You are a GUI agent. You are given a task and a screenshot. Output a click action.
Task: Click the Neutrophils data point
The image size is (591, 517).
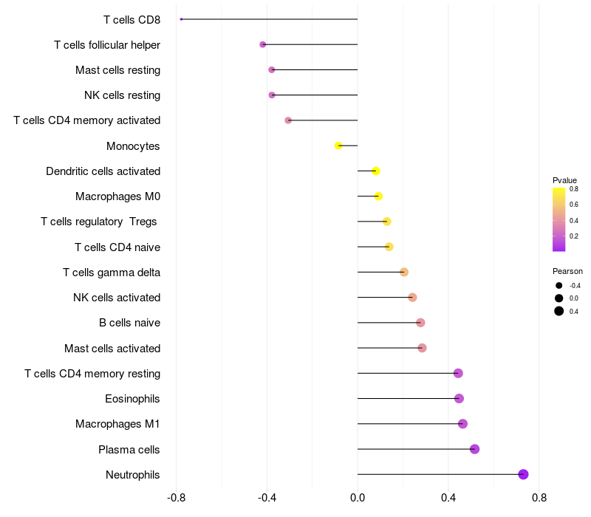click(523, 474)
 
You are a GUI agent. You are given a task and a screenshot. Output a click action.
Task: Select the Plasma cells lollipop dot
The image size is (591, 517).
click(474, 449)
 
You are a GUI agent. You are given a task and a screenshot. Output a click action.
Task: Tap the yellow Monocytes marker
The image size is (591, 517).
click(338, 145)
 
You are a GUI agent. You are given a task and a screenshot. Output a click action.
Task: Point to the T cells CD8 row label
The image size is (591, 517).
click(131, 19)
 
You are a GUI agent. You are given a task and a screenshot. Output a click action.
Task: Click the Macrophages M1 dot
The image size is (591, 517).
click(462, 424)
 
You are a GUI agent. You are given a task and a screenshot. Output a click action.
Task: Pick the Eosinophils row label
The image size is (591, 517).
click(132, 399)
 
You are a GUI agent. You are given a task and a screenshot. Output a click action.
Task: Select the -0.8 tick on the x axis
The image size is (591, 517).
click(176, 499)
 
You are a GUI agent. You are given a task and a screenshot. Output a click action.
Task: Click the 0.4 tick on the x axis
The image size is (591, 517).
click(448, 499)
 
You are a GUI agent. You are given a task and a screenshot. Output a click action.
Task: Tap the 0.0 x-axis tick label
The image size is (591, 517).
click(358, 499)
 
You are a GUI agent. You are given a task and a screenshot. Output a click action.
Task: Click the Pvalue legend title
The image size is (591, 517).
click(564, 180)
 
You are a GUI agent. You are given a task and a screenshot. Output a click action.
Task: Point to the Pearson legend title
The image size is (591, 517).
click(567, 271)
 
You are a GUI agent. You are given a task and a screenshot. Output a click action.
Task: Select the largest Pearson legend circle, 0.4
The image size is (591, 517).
click(559, 311)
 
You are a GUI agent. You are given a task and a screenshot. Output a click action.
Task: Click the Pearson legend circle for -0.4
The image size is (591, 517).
click(559, 286)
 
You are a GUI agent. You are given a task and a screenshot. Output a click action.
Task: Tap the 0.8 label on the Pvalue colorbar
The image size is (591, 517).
click(574, 189)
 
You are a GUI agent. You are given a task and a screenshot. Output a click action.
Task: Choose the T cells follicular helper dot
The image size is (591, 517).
click(263, 44)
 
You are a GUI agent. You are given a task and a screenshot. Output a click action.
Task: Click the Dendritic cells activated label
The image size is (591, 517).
click(103, 171)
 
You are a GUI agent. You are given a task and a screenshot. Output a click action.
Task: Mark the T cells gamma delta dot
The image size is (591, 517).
click(404, 272)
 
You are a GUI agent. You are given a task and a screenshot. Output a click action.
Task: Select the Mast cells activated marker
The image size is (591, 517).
click(422, 348)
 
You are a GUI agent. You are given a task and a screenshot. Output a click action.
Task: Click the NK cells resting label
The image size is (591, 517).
click(122, 95)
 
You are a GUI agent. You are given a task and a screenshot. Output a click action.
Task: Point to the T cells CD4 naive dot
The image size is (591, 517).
click(389, 247)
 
